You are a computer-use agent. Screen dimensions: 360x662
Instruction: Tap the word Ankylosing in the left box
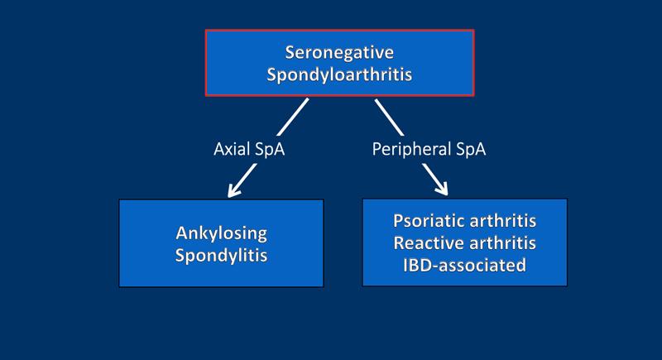tap(221, 233)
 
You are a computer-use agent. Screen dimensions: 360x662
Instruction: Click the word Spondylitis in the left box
tap(221, 255)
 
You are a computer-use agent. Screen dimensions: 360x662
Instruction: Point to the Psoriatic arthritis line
tap(465, 222)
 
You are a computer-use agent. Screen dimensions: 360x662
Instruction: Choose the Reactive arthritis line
tap(465, 243)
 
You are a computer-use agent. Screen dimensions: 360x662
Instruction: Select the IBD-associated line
tap(465, 266)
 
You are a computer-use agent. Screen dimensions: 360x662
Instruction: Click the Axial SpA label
tap(250, 151)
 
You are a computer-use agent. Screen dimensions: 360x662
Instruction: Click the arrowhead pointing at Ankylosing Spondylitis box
tap(234, 190)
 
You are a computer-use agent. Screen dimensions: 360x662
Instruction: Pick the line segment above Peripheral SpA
tap(389, 117)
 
